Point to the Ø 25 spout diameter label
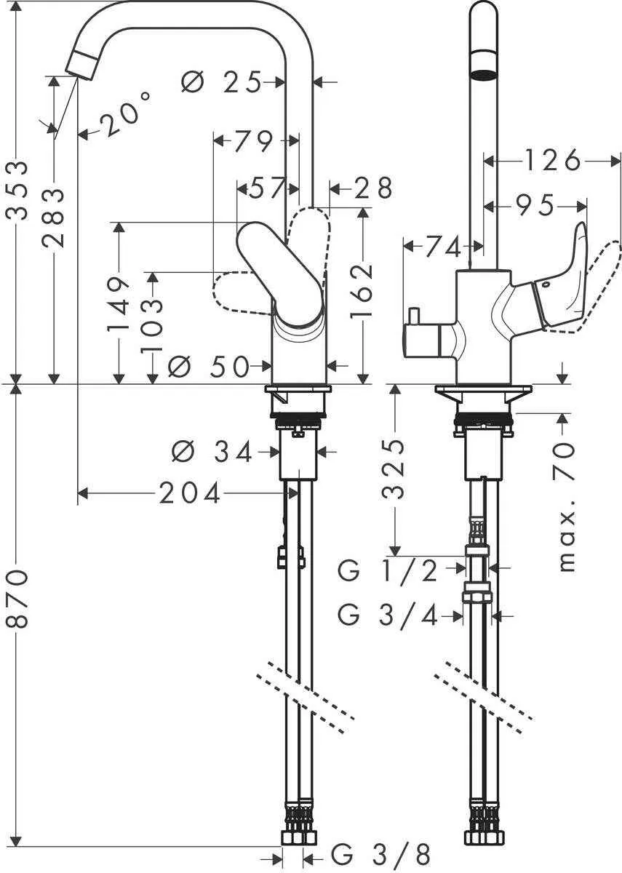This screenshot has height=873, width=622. tap(220, 83)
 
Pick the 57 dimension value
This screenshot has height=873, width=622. tap(266, 188)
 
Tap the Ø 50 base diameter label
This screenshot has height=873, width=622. tap(208, 367)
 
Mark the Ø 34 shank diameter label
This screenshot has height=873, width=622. tap(212, 453)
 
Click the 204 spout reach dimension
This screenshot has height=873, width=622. tap(191, 494)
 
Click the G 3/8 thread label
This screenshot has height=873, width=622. tap(381, 852)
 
